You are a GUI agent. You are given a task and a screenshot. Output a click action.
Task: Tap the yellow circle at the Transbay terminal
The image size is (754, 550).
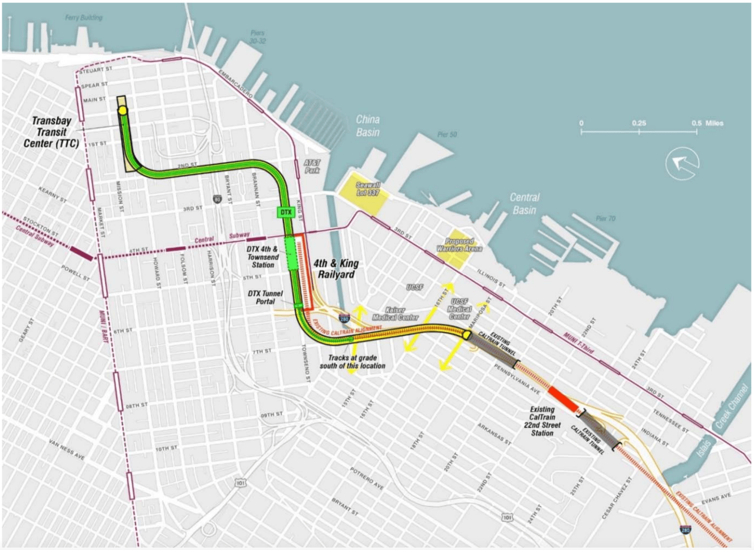pos(123,110)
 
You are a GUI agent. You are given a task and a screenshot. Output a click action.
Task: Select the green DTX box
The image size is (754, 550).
pos(285,211)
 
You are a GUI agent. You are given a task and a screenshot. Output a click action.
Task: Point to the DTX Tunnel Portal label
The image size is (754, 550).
pos(264,297)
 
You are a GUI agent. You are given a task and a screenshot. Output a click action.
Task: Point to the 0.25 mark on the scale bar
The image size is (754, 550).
pos(639,123)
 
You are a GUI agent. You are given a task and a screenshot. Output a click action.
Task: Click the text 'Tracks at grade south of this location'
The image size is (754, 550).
pos(357,362)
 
